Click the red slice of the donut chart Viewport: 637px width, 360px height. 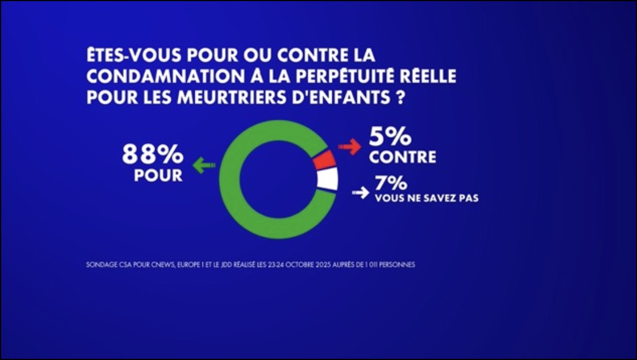coord(324,160)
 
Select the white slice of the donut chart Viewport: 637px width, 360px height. coord(328,179)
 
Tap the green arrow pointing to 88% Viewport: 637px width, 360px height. coord(203,166)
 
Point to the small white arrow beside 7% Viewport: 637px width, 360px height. coord(360,193)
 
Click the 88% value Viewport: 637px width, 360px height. coord(152,155)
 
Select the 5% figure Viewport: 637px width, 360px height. coord(390,138)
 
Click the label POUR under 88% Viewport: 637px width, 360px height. coord(158,175)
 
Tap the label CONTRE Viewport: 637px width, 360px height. coord(403,157)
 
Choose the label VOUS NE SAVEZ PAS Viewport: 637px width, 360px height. coord(426,198)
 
